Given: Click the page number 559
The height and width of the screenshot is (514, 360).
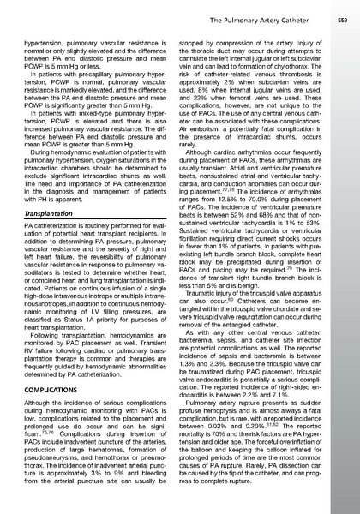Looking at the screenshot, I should (x=342, y=18).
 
